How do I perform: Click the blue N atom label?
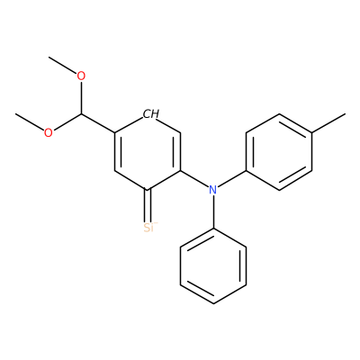(x=212, y=190)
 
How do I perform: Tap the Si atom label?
(x=148, y=228)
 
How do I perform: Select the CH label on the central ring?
(x=151, y=114)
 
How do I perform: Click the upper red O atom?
(x=81, y=76)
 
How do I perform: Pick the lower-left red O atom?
(x=48, y=132)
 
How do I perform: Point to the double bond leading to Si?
(x=148, y=206)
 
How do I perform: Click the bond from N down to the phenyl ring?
(x=213, y=211)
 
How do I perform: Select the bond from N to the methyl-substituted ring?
(x=231, y=179)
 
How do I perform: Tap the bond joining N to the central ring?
(x=194, y=179)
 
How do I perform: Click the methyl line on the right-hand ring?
(x=328, y=123)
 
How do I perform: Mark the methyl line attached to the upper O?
(x=63, y=65)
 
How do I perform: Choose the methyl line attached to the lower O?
(x=30, y=121)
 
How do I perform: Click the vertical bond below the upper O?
(x=81, y=98)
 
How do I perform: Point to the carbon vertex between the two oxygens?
(x=81, y=114)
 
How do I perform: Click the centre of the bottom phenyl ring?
(x=213, y=265)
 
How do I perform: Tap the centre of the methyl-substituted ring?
(x=279, y=152)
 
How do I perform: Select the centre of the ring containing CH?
(x=148, y=152)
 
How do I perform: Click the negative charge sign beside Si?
(x=156, y=223)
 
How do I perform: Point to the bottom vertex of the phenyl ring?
(x=213, y=303)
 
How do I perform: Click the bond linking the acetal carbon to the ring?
(x=98, y=123)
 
